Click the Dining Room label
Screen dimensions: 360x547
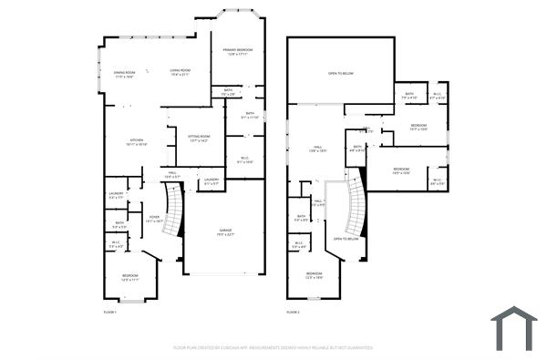coord(124,73)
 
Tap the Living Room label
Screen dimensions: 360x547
coord(180,72)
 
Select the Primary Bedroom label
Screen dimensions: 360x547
coord(237,52)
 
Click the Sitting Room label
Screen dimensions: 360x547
coord(199,139)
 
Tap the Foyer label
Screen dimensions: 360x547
coord(154,219)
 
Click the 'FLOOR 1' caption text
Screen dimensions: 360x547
coord(110,313)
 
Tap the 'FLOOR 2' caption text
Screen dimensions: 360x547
coord(293,313)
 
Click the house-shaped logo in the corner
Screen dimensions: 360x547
coord(513,327)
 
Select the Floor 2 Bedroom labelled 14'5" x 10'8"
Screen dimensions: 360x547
coord(402,171)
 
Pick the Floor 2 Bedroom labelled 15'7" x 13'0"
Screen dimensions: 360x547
coord(418,127)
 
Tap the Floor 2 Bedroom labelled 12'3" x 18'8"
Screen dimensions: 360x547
coord(314,275)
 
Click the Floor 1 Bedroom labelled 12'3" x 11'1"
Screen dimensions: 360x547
coord(130,278)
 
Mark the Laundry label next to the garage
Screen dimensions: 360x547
coord(212,181)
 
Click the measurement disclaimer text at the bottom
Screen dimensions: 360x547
coord(273,347)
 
